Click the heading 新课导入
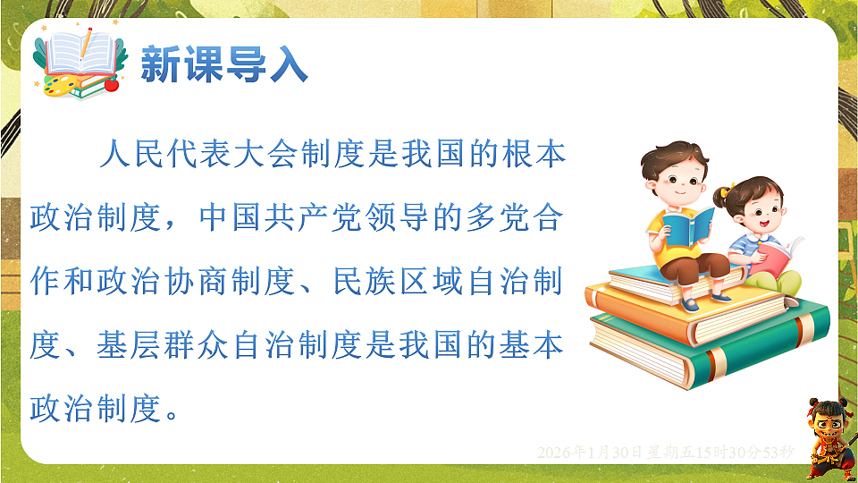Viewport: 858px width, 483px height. (224, 66)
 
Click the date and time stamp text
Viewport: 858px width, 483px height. (665, 453)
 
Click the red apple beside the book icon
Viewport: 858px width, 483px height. (112, 85)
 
